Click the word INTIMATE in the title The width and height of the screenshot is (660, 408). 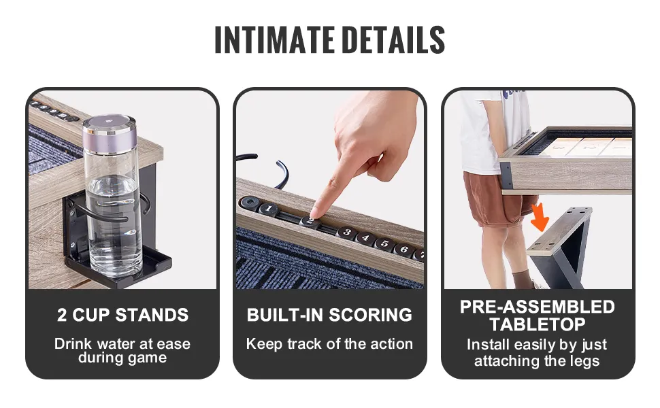pos(274,40)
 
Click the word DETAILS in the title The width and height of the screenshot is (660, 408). pos(393,40)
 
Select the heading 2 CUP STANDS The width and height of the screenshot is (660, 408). pos(122,315)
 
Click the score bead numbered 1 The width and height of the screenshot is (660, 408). pos(268,209)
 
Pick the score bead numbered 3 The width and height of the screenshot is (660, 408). pos(347,232)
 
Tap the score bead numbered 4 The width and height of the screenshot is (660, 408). pos(366,238)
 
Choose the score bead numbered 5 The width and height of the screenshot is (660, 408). pos(384,243)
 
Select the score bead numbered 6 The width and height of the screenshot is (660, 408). pos(403,250)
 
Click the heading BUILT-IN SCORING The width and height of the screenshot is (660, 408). pos(329,315)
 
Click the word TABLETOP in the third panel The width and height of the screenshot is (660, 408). pos(538,324)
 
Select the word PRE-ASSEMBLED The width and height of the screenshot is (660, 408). pos(538,307)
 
